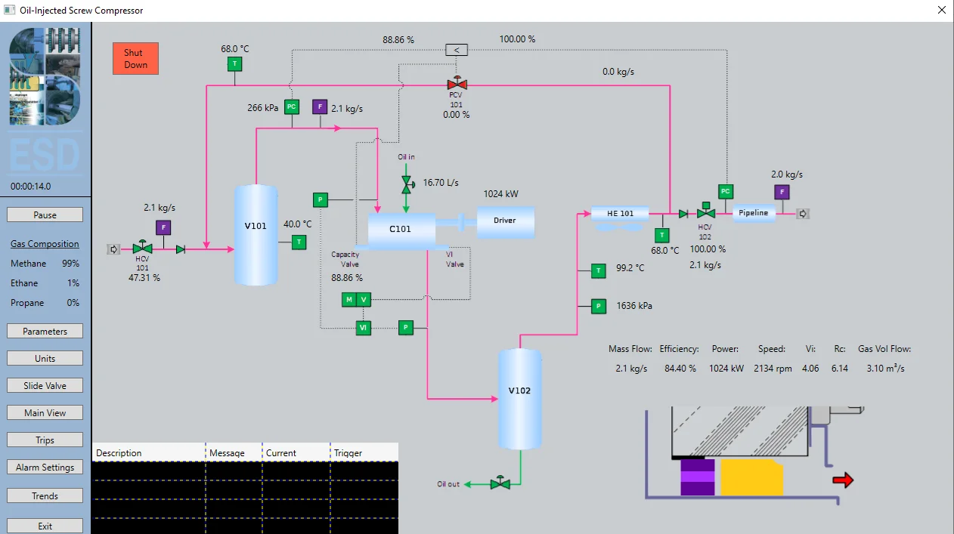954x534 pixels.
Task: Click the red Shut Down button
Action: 135,58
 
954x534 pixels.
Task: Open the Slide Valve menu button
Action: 45,385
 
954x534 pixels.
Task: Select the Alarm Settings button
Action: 45,467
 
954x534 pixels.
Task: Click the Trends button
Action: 45,495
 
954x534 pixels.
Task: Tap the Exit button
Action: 45,525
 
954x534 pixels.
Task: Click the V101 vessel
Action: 256,234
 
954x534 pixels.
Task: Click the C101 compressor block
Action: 401,228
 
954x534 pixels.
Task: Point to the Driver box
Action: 505,221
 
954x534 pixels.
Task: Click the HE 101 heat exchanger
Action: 620,214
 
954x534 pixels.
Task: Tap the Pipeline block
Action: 754,213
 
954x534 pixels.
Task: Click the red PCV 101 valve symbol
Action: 456,83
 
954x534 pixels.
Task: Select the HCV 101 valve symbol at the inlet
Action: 142,248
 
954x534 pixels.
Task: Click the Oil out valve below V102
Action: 500,483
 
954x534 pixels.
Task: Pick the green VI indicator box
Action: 364,328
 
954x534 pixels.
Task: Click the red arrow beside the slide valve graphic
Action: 843,480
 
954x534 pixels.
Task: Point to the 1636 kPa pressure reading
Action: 634,306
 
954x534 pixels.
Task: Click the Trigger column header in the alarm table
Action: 348,453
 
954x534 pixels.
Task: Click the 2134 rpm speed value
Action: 773,369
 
